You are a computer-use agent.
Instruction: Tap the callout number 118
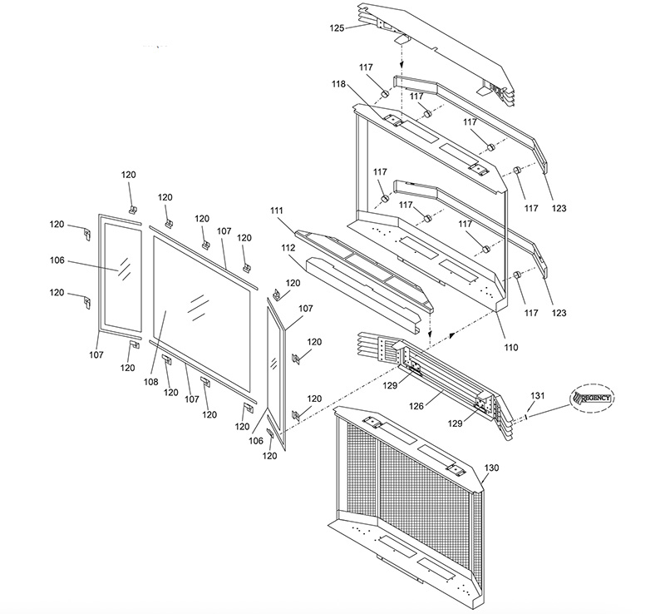(x=340, y=84)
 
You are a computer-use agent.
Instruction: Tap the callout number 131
(x=538, y=395)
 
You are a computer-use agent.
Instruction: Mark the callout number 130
(x=491, y=468)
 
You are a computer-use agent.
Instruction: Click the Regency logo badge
(x=592, y=399)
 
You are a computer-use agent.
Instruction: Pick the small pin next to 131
(x=526, y=418)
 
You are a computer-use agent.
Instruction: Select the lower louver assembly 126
(x=432, y=374)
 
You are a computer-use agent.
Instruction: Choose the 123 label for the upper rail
(x=558, y=207)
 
